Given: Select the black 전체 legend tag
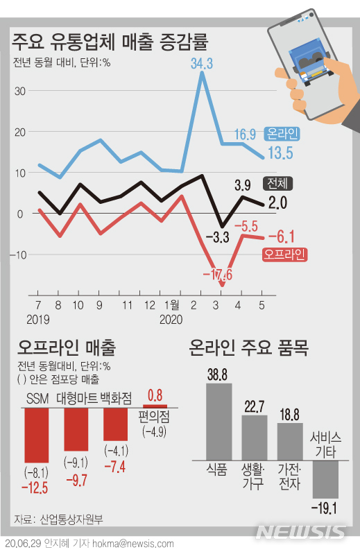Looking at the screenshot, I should pos(278,184).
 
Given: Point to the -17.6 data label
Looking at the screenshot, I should pos(217,275).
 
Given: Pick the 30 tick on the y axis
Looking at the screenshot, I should pos(19,91).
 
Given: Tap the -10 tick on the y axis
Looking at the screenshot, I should pos(18,255).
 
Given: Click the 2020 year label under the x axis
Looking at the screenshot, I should pos(171,320).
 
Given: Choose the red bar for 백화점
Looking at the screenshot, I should pos(116,424).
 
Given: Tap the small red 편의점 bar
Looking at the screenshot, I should pos(155,406).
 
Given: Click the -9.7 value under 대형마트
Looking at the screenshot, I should pos(76,479).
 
